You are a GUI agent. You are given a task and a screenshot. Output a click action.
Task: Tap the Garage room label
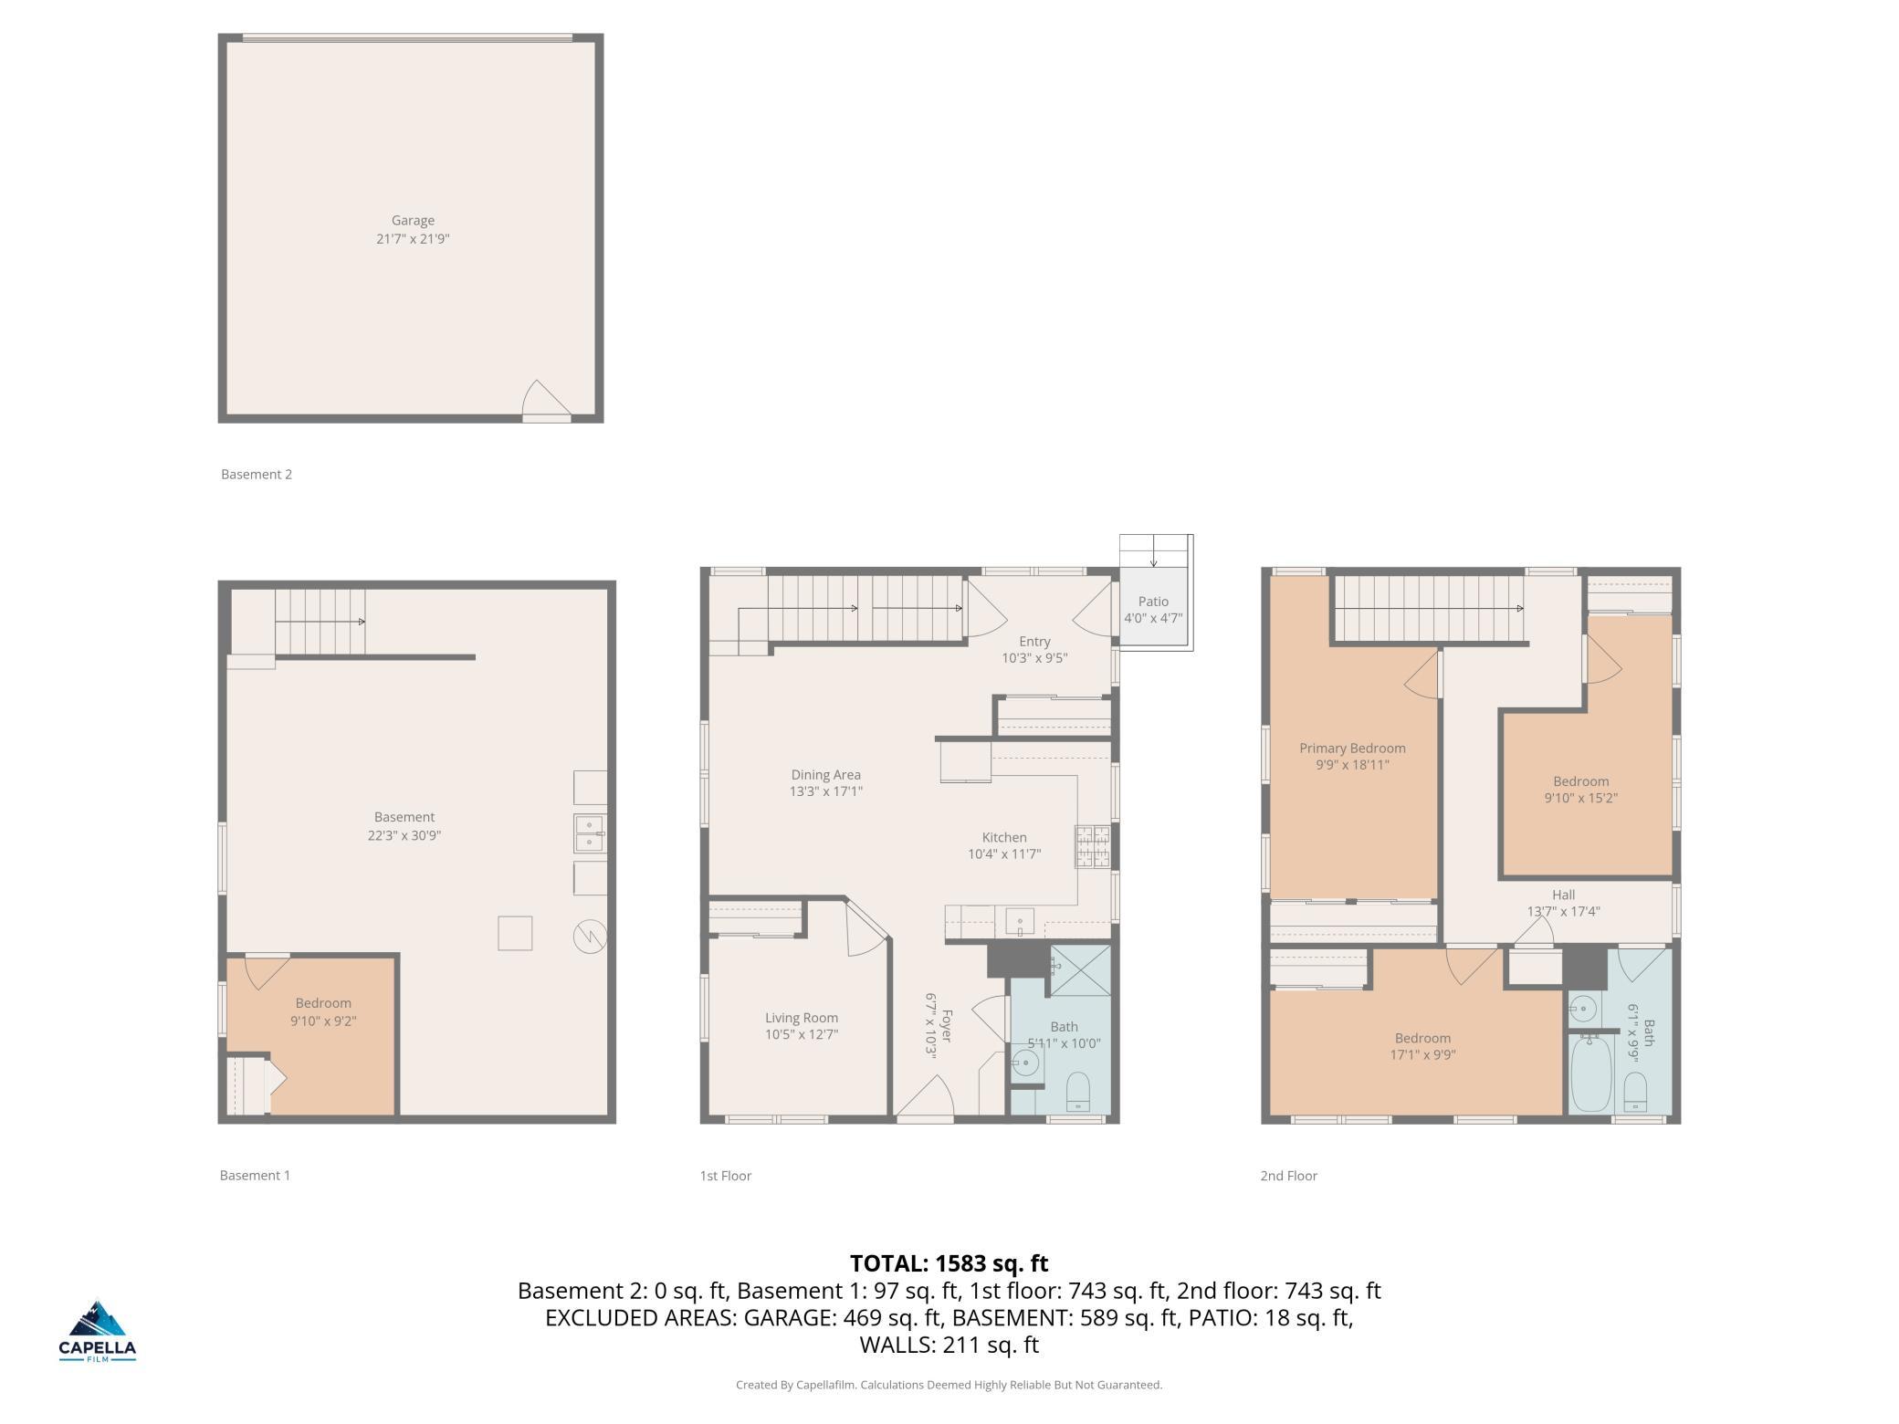point(413,220)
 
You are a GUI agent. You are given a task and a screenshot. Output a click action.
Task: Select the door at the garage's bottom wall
point(546,402)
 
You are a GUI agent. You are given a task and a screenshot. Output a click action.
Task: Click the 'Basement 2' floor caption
point(257,474)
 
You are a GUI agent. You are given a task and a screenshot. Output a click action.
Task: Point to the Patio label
point(1153,602)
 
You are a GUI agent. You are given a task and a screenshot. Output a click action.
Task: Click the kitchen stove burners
point(1093,845)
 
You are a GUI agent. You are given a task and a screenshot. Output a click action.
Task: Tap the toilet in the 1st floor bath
point(1078,1092)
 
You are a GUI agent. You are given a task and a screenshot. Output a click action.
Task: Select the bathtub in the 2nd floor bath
point(1591,1073)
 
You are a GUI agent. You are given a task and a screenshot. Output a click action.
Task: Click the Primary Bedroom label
point(1352,749)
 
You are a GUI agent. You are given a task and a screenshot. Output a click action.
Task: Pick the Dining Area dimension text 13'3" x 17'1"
point(825,791)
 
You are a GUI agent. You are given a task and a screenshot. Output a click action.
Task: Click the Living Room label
point(802,1018)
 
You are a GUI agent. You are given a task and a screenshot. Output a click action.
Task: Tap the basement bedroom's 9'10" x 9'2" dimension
point(323,1021)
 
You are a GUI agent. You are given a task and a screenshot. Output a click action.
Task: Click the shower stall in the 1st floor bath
point(1080,970)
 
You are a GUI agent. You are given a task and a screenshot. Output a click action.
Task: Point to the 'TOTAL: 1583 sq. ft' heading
point(949,1263)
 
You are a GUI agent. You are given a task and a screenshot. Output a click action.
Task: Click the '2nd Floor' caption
point(1288,1176)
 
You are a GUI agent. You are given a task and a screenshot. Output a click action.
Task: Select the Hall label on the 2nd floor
point(1563,895)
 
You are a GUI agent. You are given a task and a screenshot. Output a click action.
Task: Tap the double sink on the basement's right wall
point(589,833)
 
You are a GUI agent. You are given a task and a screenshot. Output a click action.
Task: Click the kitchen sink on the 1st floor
point(1020,921)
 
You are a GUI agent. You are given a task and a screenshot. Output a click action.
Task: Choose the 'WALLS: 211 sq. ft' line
point(949,1345)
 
